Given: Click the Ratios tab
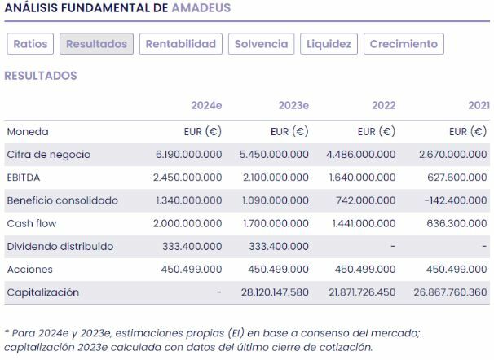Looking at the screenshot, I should point(31,44).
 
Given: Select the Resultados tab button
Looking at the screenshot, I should point(96,44).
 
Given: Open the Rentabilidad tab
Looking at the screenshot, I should point(180,44).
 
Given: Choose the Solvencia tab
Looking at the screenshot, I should point(261,44).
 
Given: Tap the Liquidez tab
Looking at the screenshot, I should point(329,44).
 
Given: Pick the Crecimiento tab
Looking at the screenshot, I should point(404,44).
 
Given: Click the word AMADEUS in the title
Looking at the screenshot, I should point(201,8).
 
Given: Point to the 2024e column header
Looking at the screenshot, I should point(206,105).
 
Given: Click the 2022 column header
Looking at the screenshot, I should point(383,105).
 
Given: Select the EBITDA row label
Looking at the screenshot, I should point(24,177).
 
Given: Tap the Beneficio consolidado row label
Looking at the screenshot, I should point(62,200).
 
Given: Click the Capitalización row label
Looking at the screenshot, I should point(42,292).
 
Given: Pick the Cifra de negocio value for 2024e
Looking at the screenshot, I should point(188,154).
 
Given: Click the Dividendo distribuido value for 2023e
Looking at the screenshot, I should point(278,246).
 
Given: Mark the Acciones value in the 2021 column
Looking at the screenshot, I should point(456,269).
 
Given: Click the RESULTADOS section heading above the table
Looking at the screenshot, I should point(41,76).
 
